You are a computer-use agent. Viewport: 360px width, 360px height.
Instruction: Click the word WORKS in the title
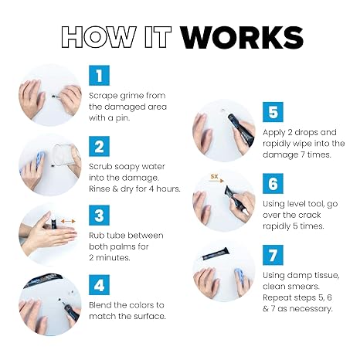[242, 38]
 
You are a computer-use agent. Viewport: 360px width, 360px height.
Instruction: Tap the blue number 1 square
[99, 76]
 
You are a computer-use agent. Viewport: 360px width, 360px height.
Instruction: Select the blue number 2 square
[99, 146]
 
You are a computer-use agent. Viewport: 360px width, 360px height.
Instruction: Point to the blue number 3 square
[99, 216]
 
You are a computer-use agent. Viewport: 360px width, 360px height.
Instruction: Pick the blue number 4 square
[99, 285]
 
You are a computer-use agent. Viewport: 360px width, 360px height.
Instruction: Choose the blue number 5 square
[273, 112]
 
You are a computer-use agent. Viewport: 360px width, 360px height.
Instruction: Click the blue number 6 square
[273, 183]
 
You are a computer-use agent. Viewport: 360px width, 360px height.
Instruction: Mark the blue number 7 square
[273, 255]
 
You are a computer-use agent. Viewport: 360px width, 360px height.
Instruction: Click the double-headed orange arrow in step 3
[68, 221]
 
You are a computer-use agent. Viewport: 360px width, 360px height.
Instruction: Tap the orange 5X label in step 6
[214, 177]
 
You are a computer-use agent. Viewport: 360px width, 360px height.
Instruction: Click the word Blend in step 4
[100, 305]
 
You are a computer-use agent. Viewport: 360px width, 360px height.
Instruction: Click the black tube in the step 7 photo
[216, 253]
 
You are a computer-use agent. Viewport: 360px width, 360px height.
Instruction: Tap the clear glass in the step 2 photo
[63, 156]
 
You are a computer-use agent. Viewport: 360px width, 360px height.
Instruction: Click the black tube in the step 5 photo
[241, 130]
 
